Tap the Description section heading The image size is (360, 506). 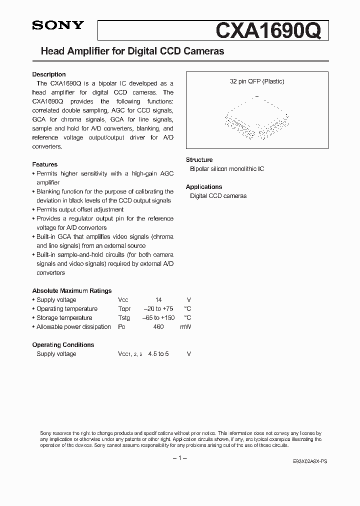(49, 74)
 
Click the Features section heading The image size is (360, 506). (45, 164)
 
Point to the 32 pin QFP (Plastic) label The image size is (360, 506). (257, 81)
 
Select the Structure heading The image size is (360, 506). (199, 160)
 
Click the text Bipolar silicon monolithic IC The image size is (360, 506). (227, 169)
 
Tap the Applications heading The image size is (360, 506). (204, 187)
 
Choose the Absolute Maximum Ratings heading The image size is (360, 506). (72, 291)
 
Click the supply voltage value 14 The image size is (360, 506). (158, 300)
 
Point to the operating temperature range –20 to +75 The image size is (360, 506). (159, 309)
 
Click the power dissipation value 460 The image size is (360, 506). (158, 327)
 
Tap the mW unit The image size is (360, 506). (185, 327)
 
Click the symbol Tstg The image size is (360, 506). (124, 318)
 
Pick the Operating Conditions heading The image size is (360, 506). (63, 345)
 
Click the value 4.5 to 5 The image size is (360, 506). (158, 354)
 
